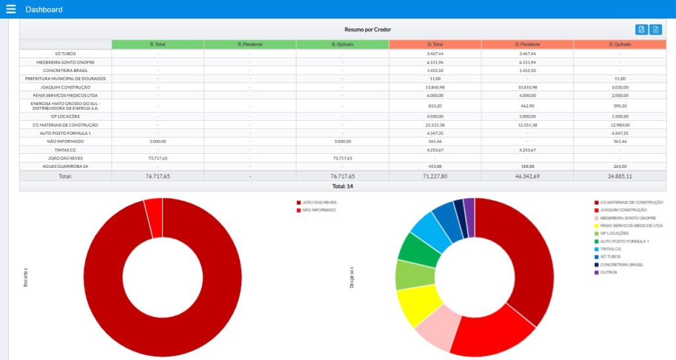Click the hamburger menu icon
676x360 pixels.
click(11, 9)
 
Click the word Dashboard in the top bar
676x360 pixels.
click(44, 9)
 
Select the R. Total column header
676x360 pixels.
click(158, 44)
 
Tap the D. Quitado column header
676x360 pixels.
click(619, 44)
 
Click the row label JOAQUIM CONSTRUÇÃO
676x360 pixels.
click(65, 87)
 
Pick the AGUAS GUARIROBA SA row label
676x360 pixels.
click(65, 166)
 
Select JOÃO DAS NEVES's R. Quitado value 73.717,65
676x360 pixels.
click(342, 158)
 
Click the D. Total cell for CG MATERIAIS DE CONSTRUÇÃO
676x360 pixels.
click(434, 125)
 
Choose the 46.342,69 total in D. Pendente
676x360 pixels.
click(527, 176)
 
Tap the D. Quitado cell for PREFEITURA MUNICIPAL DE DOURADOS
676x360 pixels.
click(619, 79)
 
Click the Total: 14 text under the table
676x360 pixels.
click(342, 186)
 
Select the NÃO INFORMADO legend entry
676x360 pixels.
click(319, 210)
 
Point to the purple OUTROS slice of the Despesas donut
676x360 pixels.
click(469, 207)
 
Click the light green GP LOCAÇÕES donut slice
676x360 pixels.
click(407, 274)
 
